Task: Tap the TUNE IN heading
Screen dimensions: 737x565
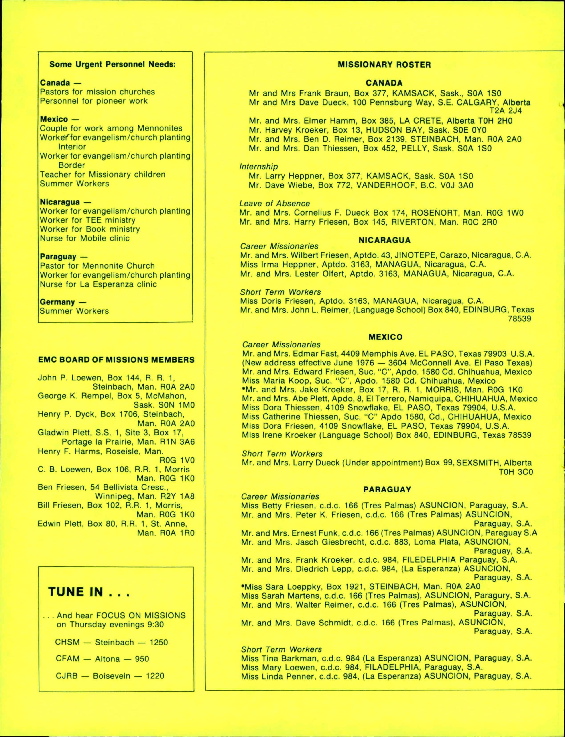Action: pos(89,592)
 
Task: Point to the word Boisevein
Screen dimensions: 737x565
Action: pos(112,676)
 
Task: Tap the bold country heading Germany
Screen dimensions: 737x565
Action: pos(57,302)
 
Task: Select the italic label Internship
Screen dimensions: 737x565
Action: pos(259,167)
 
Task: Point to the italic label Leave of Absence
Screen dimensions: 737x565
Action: pos(274,204)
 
